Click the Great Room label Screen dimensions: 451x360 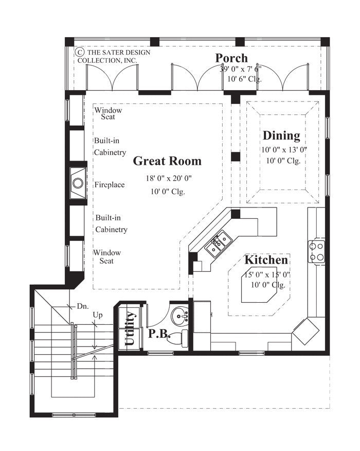pyautogui.click(x=167, y=161)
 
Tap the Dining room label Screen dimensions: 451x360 pyautogui.click(x=281, y=136)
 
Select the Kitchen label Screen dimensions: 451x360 pyautogui.click(x=266, y=260)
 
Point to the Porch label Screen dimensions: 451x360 pyautogui.click(x=231, y=58)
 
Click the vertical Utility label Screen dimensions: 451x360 pyautogui.click(x=131, y=328)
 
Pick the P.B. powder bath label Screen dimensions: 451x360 pyautogui.click(x=159, y=334)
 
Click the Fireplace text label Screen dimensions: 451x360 pyautogui.click(x=110, y=184)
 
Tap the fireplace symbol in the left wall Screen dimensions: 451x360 pyautogui.click(x=78, y=183)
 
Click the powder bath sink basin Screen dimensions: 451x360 pyautogui.click(x=180, y=314)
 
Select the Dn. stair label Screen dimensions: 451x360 pyautogui.click(x=82, y=306)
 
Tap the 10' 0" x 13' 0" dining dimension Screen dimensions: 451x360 pyautogui.click(x=284, y=150)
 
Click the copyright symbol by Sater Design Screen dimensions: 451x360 pyautogui.click(x=80, y=52)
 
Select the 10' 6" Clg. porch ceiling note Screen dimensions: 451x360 pyautogui.click(x=244, y=79)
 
